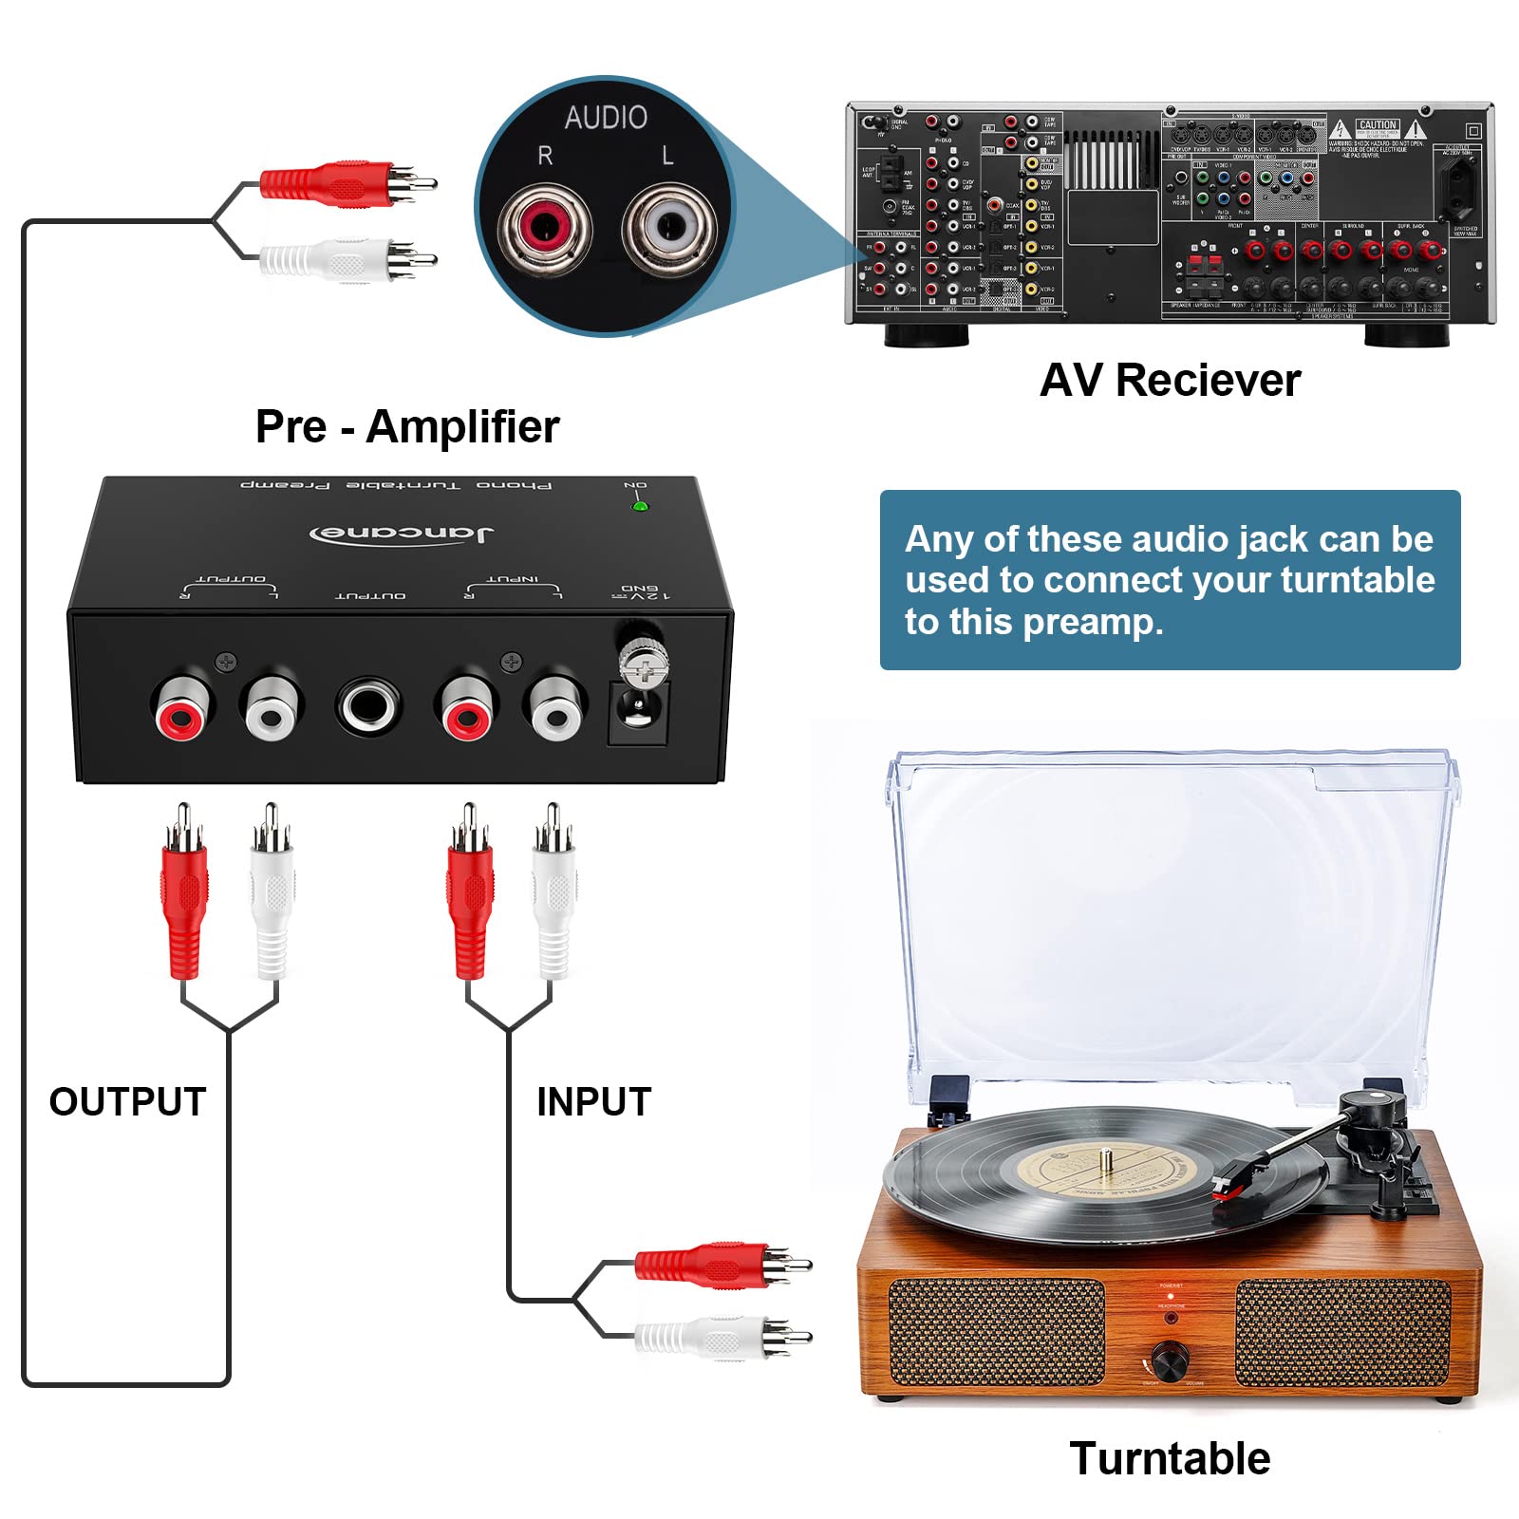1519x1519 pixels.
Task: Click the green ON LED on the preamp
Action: point(640,506)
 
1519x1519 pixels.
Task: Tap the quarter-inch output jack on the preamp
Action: point(368,705)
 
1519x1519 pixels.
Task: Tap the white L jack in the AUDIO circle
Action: point(669,227)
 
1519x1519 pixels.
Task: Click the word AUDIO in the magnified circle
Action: point(606,118)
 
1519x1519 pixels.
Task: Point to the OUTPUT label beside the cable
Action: point(127,1101)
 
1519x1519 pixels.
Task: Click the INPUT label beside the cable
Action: point(593,1101)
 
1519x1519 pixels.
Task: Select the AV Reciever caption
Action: point(1170,381)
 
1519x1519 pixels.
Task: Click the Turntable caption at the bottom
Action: point(1170,1458)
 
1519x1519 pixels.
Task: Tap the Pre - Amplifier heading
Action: point(407,426)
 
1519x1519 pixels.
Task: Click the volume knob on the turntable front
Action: point(1170,1358)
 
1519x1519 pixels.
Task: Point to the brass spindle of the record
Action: point(1106,1158)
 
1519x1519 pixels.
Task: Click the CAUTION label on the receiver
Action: point(1377,125)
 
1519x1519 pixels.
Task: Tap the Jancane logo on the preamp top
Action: point(402,533)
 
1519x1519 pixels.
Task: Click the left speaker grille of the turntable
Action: point(997,1331)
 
